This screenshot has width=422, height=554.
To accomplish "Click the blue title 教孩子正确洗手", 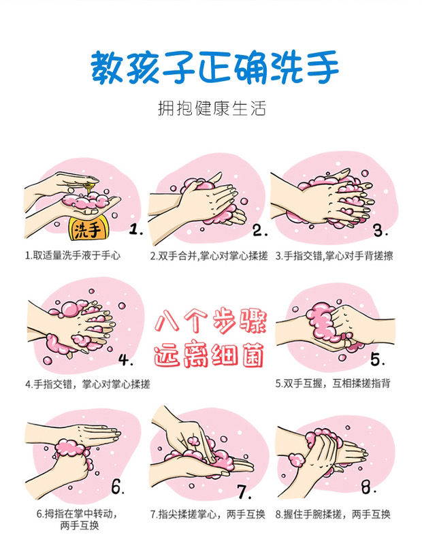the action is point(214,67).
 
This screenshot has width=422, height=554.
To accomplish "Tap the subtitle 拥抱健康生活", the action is point(212,108).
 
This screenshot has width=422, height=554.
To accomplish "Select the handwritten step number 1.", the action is point(135,230).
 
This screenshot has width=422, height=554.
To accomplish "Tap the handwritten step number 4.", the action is point(125,360).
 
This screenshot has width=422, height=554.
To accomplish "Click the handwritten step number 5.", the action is point(378,359).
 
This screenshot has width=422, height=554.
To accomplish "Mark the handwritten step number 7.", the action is point(244,491).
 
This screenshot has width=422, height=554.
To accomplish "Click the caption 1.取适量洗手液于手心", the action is point(72,255).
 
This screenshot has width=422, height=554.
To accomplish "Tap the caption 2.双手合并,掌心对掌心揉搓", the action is point(209,255).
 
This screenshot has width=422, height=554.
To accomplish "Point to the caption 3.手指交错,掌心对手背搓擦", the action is point(334,255).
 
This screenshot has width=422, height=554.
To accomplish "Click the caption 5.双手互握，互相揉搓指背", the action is point(333,383).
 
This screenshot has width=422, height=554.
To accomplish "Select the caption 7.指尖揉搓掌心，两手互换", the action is point(208,514).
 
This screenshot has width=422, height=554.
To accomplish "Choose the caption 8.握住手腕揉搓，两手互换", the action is point(333,514).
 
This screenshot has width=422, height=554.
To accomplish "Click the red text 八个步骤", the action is point(210,321).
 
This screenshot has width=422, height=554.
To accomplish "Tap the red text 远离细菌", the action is point(209,355).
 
